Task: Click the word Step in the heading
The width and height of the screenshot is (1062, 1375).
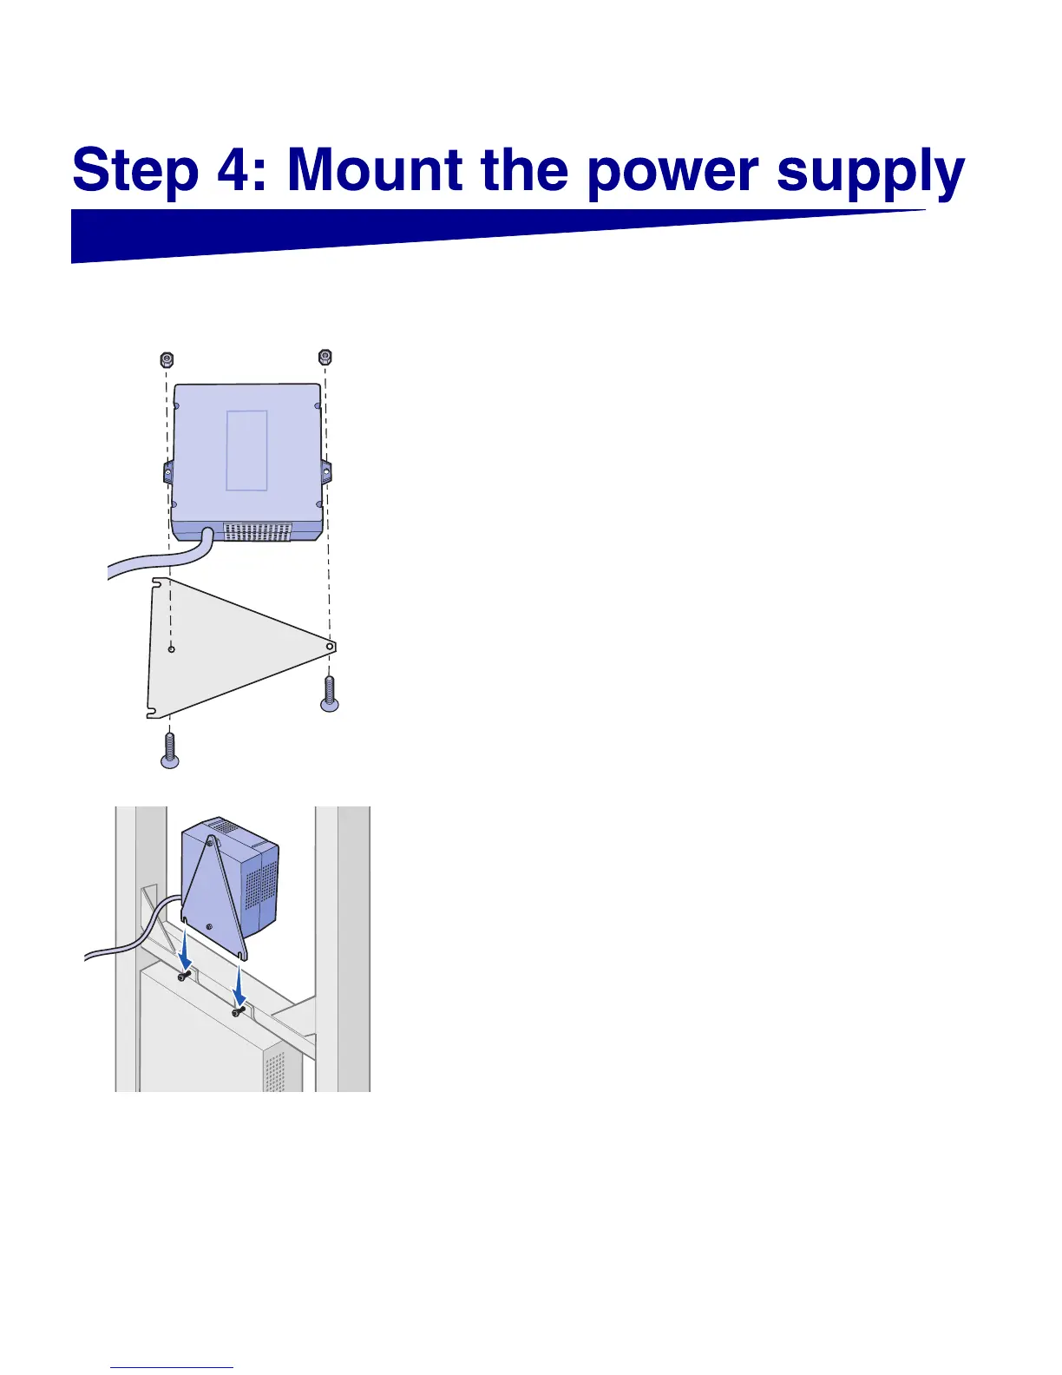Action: tap(135, 171)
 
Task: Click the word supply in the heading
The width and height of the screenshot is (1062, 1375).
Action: tap(870, 173)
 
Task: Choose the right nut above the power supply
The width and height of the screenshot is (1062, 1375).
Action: tap(325, 357)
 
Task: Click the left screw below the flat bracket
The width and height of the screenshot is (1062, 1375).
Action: tap(170, 752)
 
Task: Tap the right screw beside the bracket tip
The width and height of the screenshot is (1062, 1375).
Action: tap(330, 694)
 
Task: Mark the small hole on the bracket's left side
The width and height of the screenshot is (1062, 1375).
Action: tap(172, 648)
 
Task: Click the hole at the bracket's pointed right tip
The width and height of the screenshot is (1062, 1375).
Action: tap(330, 647)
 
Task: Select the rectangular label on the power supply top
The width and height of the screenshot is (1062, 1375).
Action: tap(246, 451)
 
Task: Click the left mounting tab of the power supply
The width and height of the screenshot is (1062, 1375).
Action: tap(167, 473)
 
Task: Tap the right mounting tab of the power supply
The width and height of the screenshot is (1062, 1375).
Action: tap(326, 472)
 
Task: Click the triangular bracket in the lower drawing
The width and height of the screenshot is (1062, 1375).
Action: tap(213, 903)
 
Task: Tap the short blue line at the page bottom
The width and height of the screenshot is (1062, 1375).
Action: tap(172, 1368)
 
